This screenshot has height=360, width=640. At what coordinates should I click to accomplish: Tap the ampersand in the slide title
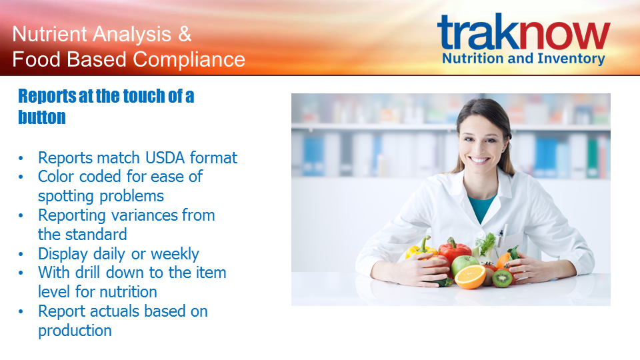pos(185,34)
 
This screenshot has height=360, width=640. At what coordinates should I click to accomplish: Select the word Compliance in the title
pos(189,59)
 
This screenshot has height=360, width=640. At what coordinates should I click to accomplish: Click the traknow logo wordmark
pos(524,32)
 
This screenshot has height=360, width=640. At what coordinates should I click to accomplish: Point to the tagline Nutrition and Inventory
pos(524,59)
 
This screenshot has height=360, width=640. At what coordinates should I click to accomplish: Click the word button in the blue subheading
pos(41,117)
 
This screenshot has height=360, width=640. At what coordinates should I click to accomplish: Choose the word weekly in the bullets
pos(175,254)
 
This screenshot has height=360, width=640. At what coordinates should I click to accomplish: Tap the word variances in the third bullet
pos(144,215)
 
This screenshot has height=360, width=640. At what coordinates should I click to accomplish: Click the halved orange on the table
pos(470,277)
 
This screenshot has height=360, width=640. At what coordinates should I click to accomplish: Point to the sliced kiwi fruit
pos(501,278)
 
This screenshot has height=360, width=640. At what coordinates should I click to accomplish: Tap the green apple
pos(464,264)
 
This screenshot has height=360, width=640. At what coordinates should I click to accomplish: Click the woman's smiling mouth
pos(479,159)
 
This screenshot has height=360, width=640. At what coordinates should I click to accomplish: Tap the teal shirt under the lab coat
pos(481,207)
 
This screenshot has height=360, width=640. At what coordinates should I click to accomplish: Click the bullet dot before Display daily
pos(21,254)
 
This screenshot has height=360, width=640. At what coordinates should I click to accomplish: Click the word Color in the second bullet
pos(56,177)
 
